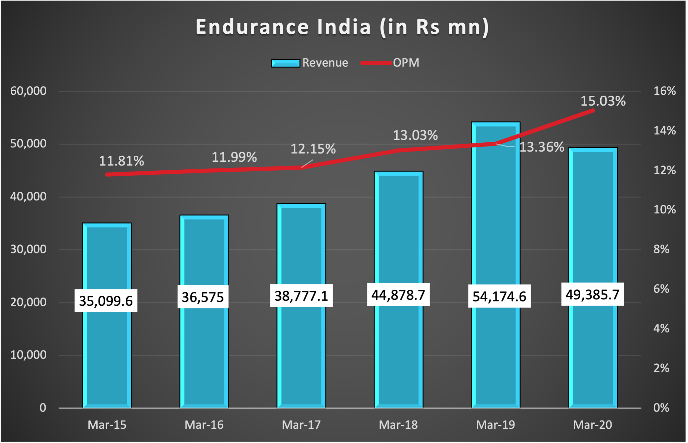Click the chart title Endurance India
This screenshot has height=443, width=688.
point(342,27)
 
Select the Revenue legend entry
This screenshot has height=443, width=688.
point(310,63)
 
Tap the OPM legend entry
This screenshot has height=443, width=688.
point(390,63)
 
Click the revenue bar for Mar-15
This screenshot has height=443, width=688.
point(107,349)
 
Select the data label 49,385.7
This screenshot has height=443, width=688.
point(592,295)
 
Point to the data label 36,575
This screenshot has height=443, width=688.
point(203,297)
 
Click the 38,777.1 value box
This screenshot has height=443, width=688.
point(301,296)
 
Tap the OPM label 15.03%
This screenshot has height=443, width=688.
point(603,101)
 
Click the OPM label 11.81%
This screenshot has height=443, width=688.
point(121,161)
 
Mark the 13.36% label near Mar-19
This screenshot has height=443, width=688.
point(542,147)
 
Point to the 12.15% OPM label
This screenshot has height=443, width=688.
point(313,149)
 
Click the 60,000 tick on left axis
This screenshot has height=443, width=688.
point(28,91)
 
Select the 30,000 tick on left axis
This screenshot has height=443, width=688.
point(28,249)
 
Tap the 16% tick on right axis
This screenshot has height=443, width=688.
point(664,91)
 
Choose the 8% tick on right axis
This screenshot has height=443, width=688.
point(661,249)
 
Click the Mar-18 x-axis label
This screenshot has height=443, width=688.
point(398,425)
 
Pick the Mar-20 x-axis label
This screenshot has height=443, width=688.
point(592,425)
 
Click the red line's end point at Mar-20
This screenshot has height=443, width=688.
point(593,111)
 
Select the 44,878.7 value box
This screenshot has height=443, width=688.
point(398,295)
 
